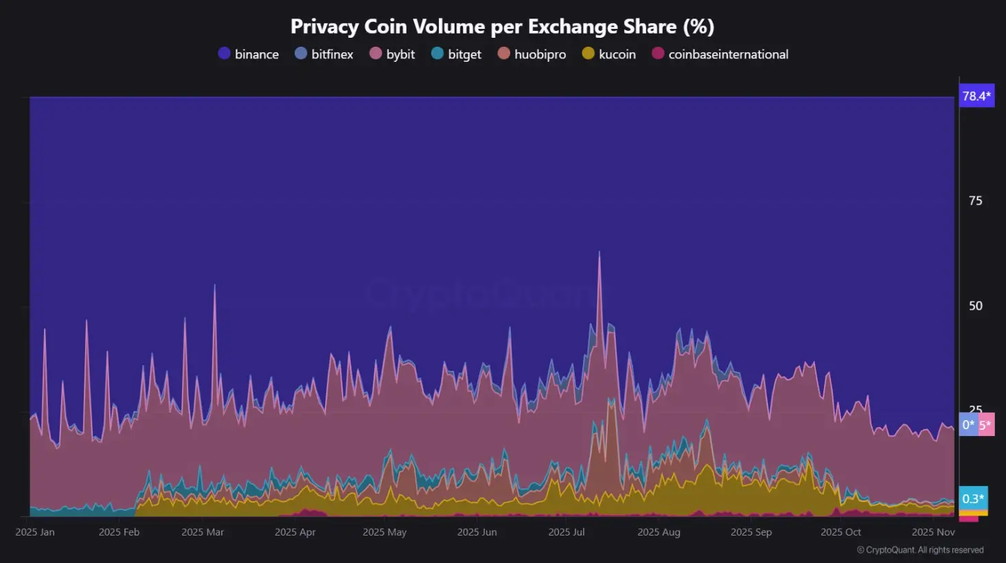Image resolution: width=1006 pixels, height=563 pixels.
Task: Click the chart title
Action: click(502, 27)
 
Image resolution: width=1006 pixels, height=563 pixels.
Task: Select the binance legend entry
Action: click(249, 54)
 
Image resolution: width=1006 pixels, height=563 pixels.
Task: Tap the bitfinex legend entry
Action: click(324, 54)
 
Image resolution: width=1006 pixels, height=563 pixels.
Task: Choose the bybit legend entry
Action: click(392, 54)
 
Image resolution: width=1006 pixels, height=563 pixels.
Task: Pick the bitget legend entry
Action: click(456, 54)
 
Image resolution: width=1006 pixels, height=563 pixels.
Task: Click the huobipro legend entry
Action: click(532, 54)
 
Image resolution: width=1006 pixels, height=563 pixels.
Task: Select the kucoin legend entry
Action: click(609, 54)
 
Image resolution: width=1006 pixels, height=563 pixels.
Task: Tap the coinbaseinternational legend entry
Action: click(720, 54)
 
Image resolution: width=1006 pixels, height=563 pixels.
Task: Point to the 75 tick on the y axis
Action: click(975, 201)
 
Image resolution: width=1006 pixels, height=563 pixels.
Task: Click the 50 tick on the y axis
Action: click(975, 306)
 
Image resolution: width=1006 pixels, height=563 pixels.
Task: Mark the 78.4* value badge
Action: click(976, 96)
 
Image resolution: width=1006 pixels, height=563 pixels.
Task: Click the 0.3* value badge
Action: click(972, 498)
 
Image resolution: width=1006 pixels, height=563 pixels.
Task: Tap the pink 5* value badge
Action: click(986, 425)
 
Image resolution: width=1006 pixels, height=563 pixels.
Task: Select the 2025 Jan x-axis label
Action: click(35, 532)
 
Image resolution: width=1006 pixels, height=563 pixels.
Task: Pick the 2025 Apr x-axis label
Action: click(295, 532)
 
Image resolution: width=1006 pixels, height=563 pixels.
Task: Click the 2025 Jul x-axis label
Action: click(567, 532)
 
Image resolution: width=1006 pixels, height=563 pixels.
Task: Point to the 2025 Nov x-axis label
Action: click(933, 532)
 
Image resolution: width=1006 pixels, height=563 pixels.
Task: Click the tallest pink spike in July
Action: click(599, 253)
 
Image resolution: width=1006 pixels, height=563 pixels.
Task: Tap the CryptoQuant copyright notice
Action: click(920, 550)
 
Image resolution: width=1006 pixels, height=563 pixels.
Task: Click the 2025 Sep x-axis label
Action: click(751, 532)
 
